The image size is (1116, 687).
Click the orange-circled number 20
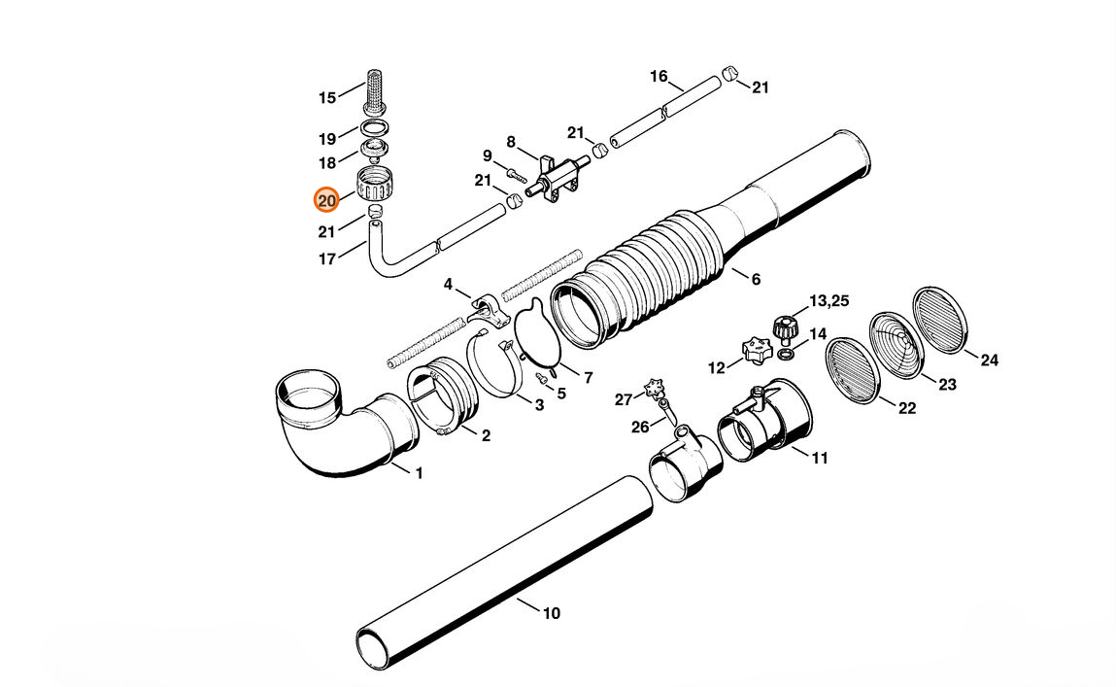(x=326, y=201)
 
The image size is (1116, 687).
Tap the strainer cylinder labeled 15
(x=374, y=91)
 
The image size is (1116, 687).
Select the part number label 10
(x=552, y=613)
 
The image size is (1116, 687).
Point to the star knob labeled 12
(x=756, y=350)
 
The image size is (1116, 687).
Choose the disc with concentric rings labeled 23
(x=896, y=345)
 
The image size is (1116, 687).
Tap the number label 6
(x=756, y=279)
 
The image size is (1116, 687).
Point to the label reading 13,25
(x=829, y=300)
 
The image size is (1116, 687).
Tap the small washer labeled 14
(x=785, y=354)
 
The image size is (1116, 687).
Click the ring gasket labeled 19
(x=375, y=129)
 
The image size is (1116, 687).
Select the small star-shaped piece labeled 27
(x=654, y=389)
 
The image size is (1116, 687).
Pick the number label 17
(x=326, y=259)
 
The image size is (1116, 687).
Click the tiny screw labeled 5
(x=542, y=377)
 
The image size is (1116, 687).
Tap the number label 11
(x=820, y=458)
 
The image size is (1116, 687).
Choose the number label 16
(x=659, y=76)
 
